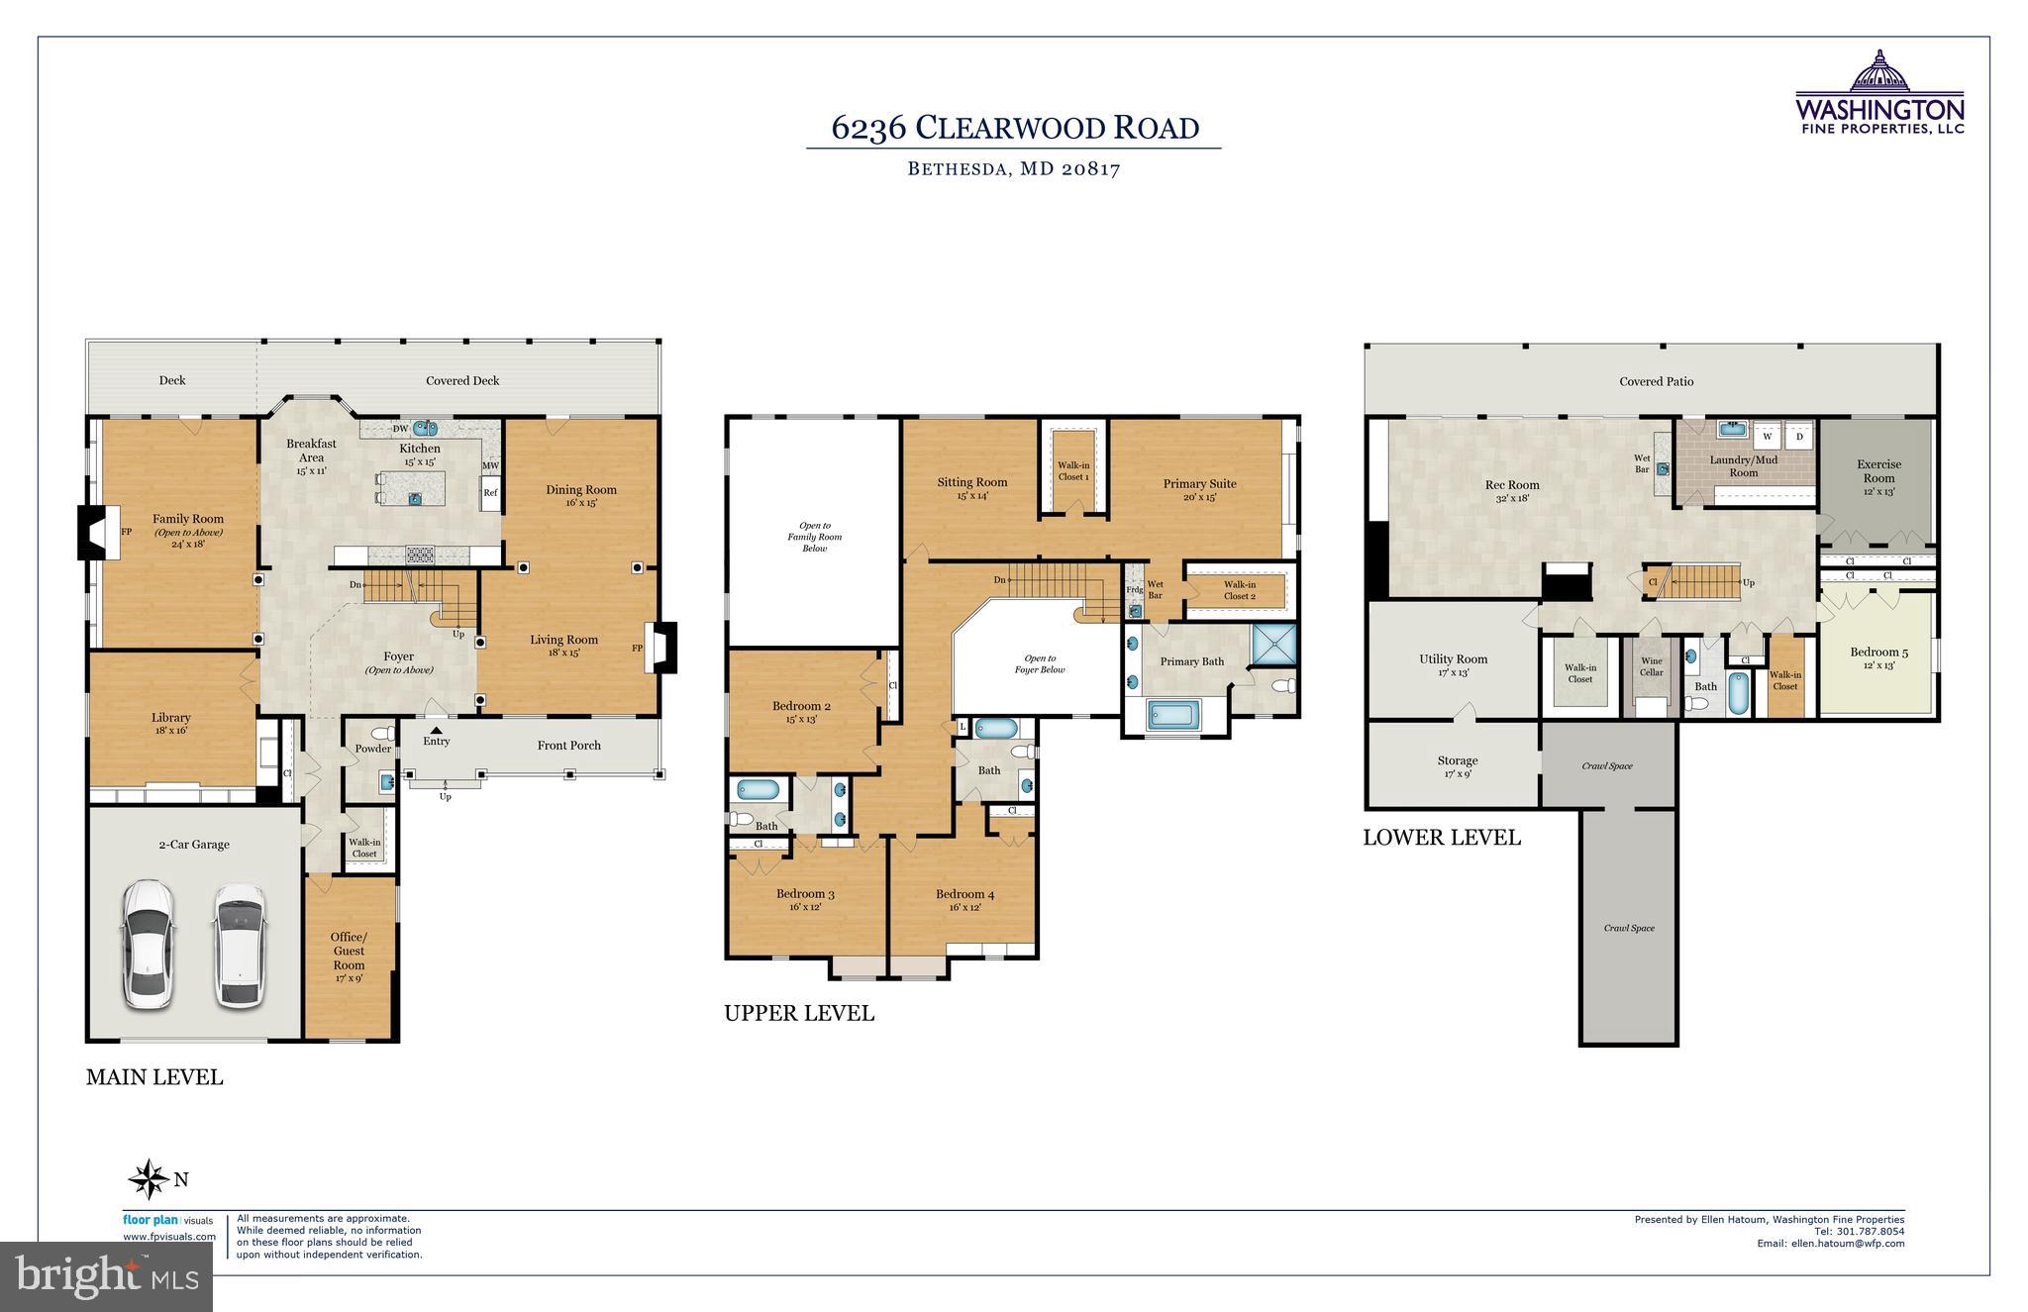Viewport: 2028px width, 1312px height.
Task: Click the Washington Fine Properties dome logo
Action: (1878, 72)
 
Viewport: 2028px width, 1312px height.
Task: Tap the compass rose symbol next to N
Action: (150, 1179)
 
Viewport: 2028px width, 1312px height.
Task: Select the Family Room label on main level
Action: (188, 519)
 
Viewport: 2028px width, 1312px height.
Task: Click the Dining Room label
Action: (581, 490)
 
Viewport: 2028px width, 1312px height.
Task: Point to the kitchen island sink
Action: (416, 498)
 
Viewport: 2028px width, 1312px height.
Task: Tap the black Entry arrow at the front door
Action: (436, 730)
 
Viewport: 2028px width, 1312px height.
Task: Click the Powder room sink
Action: (386, 781)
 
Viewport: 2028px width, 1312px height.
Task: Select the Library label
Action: (171, 718)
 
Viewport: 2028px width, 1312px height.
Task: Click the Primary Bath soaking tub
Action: (1172, 715)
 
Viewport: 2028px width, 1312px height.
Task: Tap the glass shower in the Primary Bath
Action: (1274, 646)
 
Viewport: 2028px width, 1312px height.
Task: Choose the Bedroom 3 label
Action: (805, 894)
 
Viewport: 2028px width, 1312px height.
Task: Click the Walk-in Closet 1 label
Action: (1072, 470)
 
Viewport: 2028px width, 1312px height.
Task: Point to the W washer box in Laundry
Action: (1767, 436)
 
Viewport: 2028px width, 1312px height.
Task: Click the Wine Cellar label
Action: (1652, 666)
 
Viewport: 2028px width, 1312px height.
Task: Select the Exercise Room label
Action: (1878, 470)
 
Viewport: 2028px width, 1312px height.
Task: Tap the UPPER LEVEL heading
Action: (799, 1014)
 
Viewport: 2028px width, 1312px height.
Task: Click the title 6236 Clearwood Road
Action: (1014, 129)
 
